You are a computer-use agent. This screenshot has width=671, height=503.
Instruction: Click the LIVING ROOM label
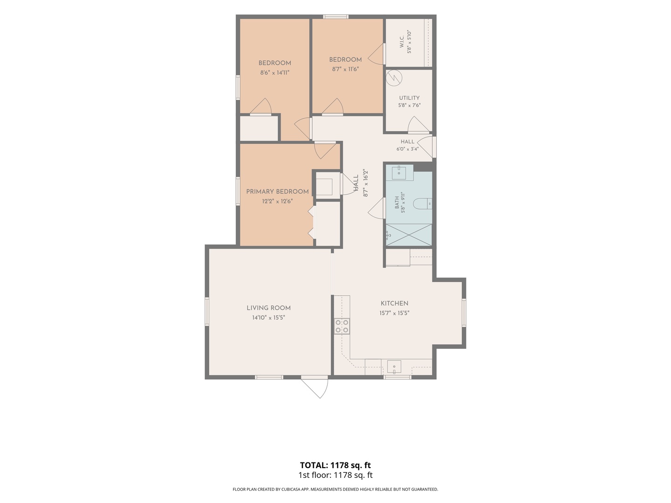coord(268,308)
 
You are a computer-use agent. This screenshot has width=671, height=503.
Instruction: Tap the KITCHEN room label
coord(394,303)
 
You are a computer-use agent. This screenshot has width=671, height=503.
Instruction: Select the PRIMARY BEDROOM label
coord(277,191)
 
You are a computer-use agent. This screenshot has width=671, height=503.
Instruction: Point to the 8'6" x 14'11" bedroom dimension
coord(275,73)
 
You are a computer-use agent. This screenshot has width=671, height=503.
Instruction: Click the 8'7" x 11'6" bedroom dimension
coord(345,69)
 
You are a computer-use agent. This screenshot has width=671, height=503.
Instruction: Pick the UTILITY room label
coord(409,98)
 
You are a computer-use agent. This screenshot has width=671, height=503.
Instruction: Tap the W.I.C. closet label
coord(402,41)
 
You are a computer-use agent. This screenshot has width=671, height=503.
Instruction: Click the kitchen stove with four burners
coord(342,326)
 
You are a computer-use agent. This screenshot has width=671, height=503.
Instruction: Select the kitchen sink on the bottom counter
coord(394,367)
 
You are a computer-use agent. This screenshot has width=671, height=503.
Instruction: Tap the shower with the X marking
coord(409,235)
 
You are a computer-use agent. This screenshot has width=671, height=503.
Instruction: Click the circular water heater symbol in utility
coord(394,78)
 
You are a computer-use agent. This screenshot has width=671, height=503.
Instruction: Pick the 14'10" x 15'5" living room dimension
coord(268,318)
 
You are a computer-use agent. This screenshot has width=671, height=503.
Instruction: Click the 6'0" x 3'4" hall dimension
coord(407,149)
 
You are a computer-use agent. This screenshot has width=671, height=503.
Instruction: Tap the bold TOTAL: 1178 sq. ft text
coord(335,465)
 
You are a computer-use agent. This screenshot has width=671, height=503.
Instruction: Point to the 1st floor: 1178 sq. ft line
coord(335,475)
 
